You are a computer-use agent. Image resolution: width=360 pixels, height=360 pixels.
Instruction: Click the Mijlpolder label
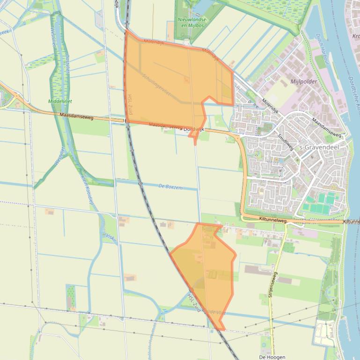pyautogui.click(x=304, y=81)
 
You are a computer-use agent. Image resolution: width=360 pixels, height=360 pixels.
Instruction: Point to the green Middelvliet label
pyautogui.click(x=60, y=101)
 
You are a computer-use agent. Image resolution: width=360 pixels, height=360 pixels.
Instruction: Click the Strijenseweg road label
pyautogui.click(x=272, y=285)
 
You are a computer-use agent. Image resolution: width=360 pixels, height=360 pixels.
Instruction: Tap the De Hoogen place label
pyautogui.click(x=272, y=357)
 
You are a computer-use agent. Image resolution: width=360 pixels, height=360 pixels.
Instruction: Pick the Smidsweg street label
pyautogui.click(x=285, y=142)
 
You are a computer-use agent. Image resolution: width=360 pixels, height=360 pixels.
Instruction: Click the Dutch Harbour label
pyautogui.click(x=321, y=47)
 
